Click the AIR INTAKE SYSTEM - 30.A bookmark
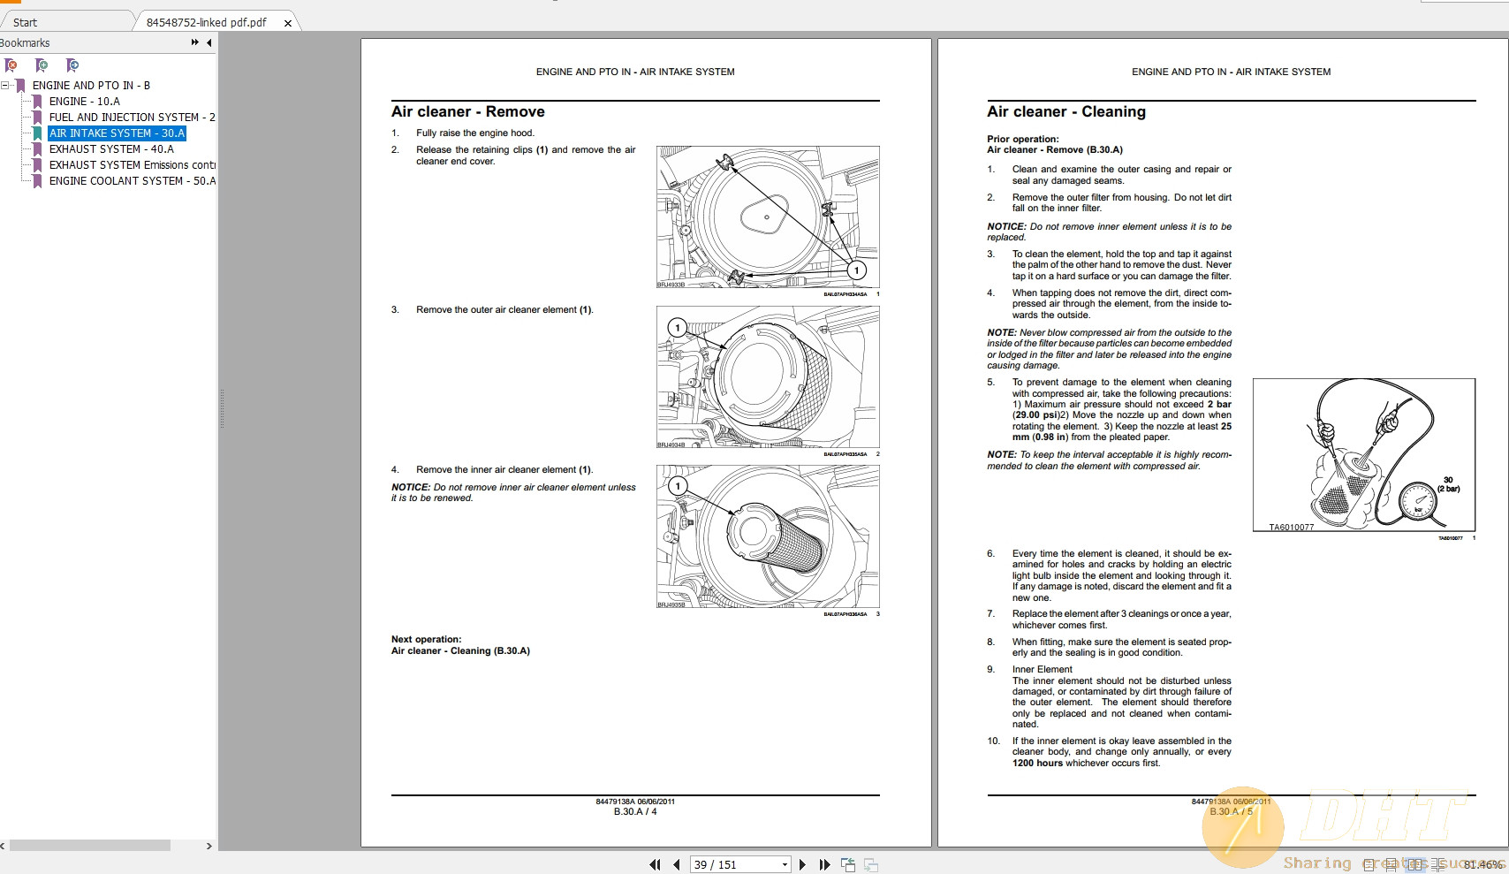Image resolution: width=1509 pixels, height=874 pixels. pos(117,133)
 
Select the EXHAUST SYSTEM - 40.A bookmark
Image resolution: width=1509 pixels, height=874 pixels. pos(111,149)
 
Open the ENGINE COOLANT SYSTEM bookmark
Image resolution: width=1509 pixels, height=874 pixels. pos(132,181)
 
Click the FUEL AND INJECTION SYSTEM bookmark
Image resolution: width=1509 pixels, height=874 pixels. pos(132,118)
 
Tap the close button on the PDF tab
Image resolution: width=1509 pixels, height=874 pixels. pos(288,23)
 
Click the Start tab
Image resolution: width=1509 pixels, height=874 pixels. pos(26,22)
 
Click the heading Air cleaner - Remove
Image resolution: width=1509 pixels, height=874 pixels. pos(467,112)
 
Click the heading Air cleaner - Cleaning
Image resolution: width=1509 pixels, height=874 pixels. pos(1065,112)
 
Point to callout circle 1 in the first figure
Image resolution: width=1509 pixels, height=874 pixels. pos(855,270)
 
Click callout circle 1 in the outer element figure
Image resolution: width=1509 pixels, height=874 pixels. pos(678,328)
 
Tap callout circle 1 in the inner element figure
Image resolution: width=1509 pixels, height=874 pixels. pos(678,486)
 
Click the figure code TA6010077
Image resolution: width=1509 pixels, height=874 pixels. pos(1291,528)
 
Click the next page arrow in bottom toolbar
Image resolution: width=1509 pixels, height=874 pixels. pos(802,864)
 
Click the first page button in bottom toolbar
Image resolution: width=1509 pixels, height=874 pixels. pos(655,864)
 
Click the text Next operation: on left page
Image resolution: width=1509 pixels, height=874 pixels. pos(426,639)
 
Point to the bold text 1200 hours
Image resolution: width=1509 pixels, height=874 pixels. pos(1037,763)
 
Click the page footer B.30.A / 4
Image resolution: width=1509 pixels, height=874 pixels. pos(634,811)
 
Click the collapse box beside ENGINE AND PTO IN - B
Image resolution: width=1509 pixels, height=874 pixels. pos(5,86)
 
